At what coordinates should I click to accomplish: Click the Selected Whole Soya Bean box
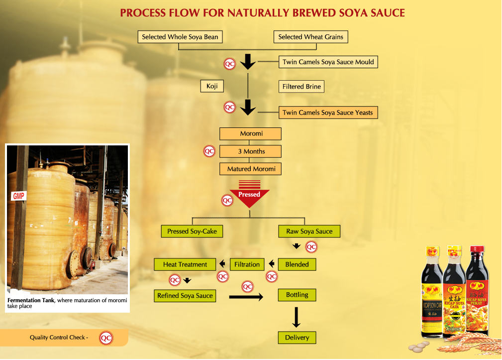coord(180,37)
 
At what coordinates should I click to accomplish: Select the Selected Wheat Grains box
coord(310,37)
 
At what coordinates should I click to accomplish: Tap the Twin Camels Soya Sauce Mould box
coord(328,62)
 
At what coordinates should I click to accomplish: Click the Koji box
coord(212,87)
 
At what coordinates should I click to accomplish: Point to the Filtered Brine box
coord(301,87)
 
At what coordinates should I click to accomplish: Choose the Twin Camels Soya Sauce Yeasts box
coord(327,113)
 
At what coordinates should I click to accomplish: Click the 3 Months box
coord(251,151)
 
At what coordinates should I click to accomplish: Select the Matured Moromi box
coord(251,169)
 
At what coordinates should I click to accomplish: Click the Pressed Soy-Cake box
coord(192,231)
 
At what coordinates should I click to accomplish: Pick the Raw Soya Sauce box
coord(309,231)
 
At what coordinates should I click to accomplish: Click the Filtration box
coord(247,264)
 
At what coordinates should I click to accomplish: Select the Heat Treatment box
coord(185,264)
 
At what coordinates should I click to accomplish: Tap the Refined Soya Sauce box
coord(185,296)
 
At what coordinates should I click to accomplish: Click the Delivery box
coord(297,338)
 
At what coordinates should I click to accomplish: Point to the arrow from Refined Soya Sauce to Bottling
coord(246,297)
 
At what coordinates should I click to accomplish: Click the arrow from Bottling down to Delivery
coord(297,317)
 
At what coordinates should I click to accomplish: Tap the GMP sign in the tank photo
coord(18,196)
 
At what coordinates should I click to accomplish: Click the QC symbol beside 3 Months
coord(209,151)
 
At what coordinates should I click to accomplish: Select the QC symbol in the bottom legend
coord(106,338)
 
